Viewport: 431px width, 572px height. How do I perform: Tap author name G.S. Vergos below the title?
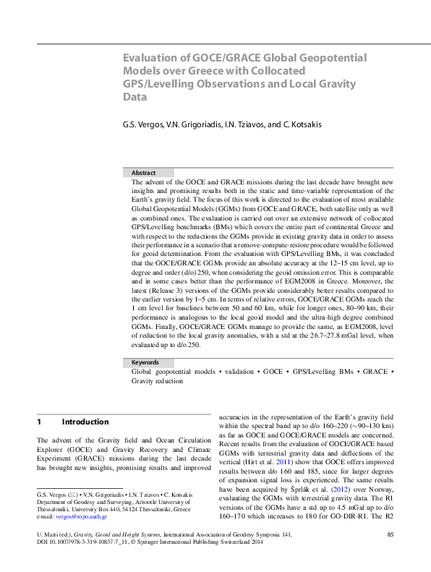point(145,124)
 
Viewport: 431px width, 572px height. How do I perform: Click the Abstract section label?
point(144,173)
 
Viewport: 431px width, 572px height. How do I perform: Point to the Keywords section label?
point(146,362)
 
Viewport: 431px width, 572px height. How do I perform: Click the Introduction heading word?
point(85,422)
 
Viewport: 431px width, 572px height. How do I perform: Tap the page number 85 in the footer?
point(390,555)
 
